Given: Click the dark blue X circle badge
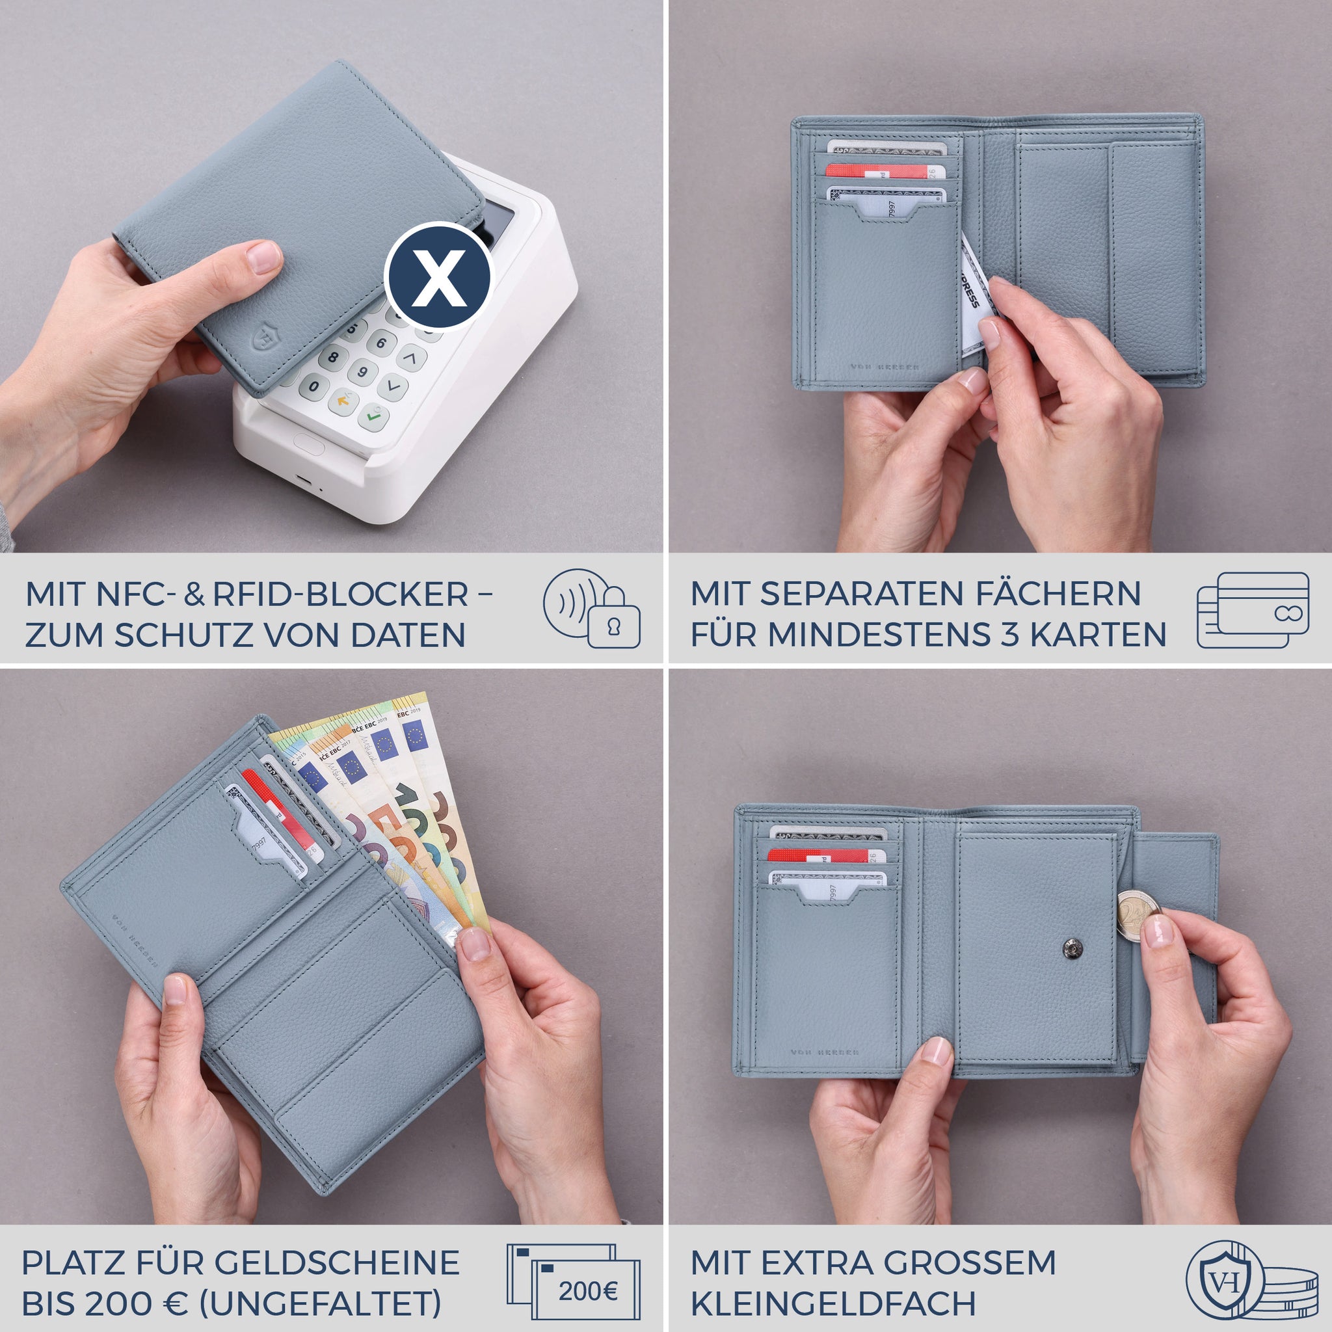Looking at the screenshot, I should click(x=437, y=277).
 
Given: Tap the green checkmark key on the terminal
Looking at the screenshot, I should click(x=373, y=416).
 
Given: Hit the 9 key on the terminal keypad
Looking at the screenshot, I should click(x=363, y=373).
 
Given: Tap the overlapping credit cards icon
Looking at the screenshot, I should click(x=1253, y=609).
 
